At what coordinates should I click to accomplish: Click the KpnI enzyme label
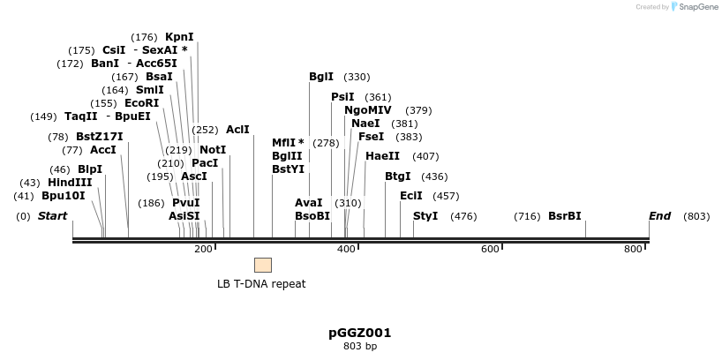pos(179,37)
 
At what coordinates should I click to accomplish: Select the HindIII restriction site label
pos(70,183)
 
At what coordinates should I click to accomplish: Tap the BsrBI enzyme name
pos(564,216)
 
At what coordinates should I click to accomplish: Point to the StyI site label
pos(425,216)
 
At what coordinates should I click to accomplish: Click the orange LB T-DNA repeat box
pos(263,265)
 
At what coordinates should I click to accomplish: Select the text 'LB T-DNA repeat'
pos(262,284)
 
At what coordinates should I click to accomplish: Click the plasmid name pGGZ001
pos(359,333)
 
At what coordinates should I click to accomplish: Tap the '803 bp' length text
pos(359,346)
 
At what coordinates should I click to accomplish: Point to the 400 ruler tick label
pos(346,250)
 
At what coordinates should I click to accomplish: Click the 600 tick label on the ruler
pos(490,250)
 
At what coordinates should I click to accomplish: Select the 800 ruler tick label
pos(633,250)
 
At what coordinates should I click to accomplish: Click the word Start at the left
pos(52,216)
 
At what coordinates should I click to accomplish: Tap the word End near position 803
pos(659,216)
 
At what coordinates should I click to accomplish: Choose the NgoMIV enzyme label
pos(368,110)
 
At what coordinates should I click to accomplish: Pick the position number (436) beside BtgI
pos(433,176)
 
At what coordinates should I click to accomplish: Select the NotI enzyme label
pos(213,150)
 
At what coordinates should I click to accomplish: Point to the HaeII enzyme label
pos(382,156)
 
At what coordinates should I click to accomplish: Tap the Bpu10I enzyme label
pos(64,196)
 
